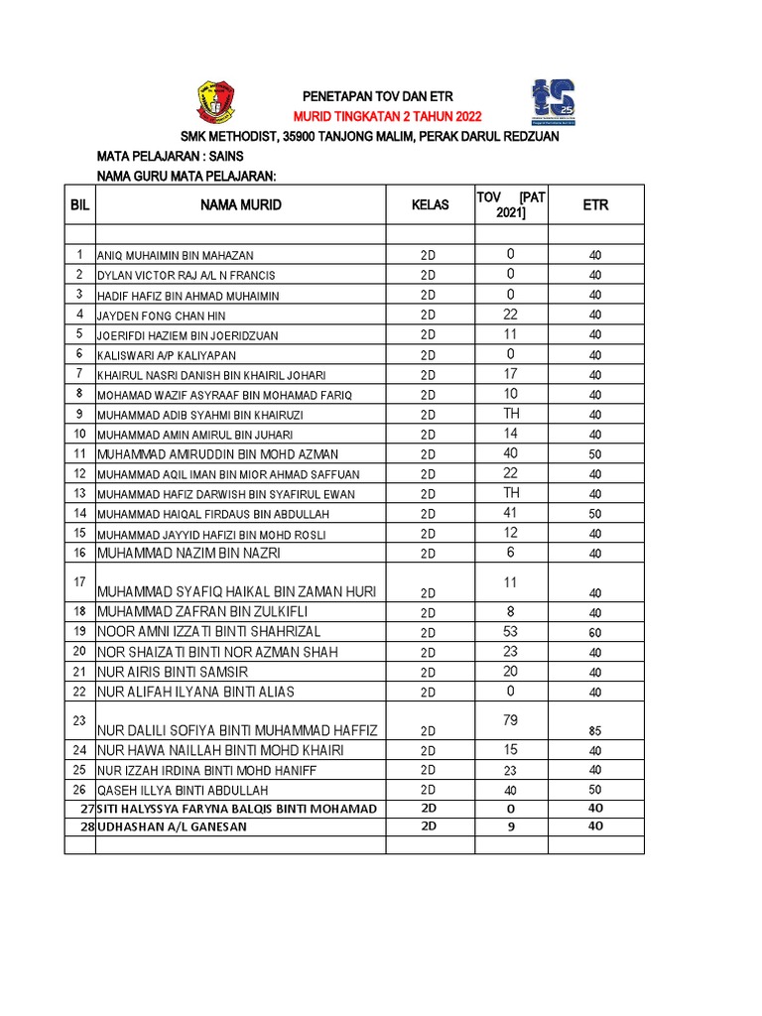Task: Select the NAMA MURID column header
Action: (240, 205)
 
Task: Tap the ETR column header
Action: (595, 205)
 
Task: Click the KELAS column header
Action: (430, 205)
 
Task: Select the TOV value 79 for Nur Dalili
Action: (511, 719)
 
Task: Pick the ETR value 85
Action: (595, 731)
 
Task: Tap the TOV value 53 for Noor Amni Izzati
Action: (511, 631)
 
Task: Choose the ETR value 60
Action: (595, 633)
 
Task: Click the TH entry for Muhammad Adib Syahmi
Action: (511, 413)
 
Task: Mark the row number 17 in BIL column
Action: (79, 581)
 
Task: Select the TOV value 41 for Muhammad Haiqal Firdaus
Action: (511, 513)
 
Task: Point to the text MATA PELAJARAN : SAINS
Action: (170, 157)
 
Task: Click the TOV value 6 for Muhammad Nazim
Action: (511, 553)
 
